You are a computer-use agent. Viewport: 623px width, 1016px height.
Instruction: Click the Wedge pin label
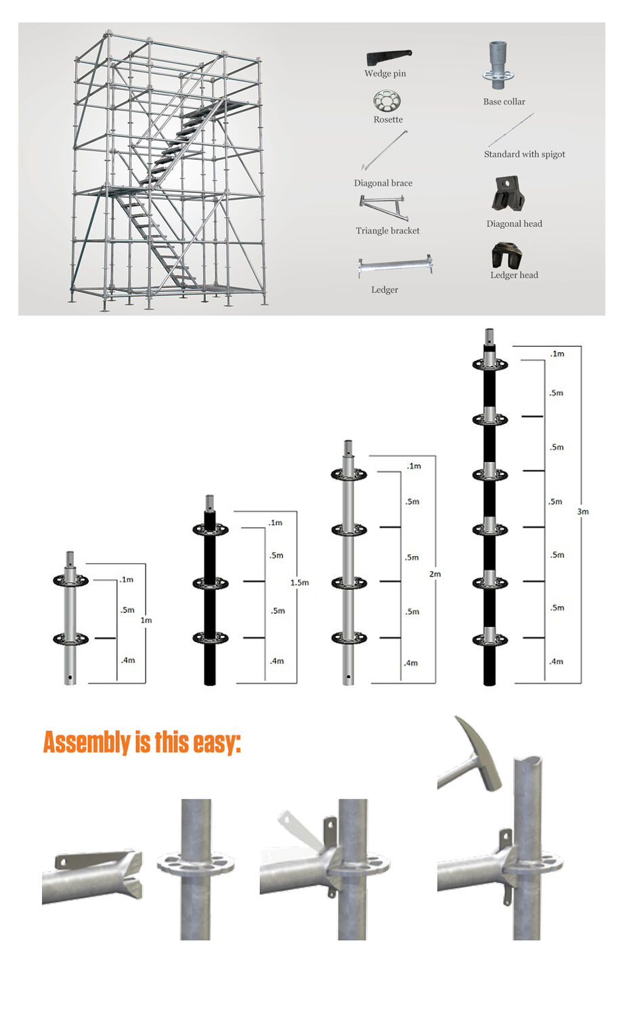(385, 74)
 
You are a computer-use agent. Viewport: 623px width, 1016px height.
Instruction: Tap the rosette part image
(387, 102)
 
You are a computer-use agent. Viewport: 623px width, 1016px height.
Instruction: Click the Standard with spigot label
(524, 154)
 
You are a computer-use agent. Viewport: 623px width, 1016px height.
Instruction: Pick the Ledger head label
(514, 275)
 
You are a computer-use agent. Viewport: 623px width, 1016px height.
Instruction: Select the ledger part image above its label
(395, 266)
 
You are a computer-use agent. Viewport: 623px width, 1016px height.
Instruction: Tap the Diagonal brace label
(383, 183)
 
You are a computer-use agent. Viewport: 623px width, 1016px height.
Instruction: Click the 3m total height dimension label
(582, 511)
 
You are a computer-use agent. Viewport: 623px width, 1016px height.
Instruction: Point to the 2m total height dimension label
(435, 574)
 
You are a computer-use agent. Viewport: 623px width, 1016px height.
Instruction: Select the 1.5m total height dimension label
(299, 583)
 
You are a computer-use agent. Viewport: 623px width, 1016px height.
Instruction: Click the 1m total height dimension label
(146, 620)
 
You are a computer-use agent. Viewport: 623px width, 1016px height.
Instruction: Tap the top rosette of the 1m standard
(71, 580)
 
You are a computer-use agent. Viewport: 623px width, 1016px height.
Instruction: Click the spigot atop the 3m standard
(489, 337)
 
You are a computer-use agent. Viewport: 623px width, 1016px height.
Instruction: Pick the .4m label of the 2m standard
(411, 663)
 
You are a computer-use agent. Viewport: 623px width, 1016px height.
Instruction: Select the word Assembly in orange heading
(87, 742)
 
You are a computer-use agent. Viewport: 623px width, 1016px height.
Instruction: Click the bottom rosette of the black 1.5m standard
(210, 638)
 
